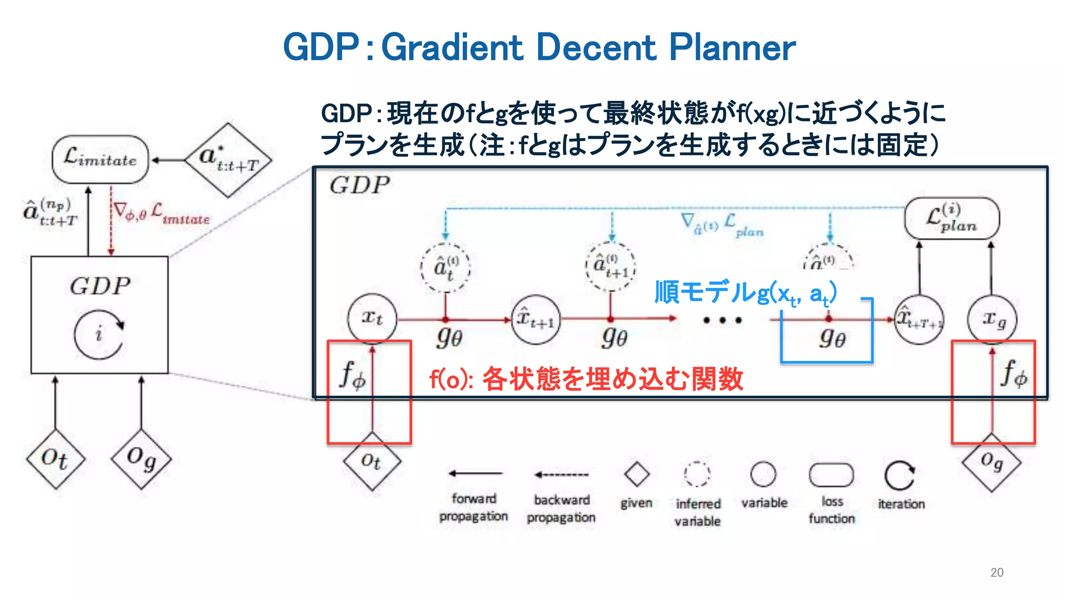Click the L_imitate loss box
coord(100,159)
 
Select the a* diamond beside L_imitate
coord(228,160)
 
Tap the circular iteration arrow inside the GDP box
coord(99,334)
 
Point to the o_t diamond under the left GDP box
coord(55,459)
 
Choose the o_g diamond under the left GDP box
coord(141,459)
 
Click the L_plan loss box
coord(952,218)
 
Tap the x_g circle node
coord(992,319)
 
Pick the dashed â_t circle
coord(446,268)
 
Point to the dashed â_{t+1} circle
coord(611,266)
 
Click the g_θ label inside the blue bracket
coord(832,338)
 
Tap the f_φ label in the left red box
coord(353,375)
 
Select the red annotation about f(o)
coord(586,379)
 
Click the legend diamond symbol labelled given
coord(637,474)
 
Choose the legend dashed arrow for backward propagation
coord(562,474)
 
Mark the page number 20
coord(996,572)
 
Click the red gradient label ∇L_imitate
coord(161,213)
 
